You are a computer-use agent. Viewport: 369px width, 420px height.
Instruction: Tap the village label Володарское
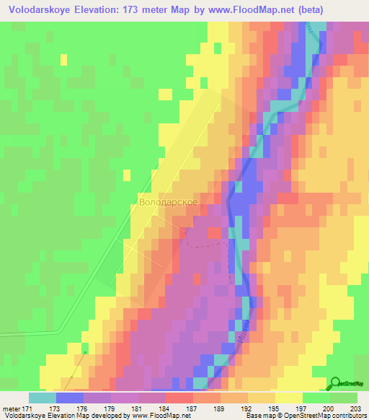pos(168,203)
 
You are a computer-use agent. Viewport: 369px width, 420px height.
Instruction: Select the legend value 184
pos(165,409)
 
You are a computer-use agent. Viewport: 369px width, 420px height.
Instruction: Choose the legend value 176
pos(84,409)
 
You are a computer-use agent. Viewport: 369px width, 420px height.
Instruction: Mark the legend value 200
pos(329,409)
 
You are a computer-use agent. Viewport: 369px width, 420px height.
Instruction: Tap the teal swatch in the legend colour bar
pos(43,398)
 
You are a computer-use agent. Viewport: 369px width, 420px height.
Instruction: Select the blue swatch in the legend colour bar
pos(70,398)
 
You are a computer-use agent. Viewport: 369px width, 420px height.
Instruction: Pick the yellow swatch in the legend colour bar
pos(288,398)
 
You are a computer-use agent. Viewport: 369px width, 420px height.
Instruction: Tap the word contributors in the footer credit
pos(350,416)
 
